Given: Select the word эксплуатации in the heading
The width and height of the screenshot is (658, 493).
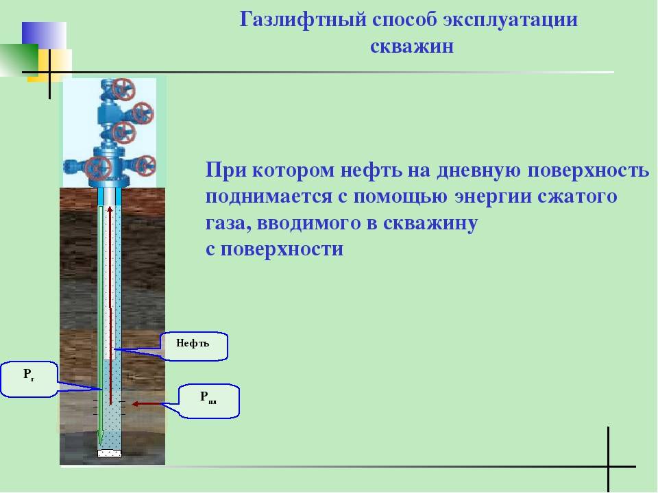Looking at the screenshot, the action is [x=510, y=20].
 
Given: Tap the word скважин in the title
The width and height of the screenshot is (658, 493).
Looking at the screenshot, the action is [x=412, y=46].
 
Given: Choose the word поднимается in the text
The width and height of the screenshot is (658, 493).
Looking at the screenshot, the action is [x=269, y=197].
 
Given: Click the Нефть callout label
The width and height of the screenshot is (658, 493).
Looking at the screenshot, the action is [x=194, y=346].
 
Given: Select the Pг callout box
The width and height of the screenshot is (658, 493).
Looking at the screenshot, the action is [x=29, y=379].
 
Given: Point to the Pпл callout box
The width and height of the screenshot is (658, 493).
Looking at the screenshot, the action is [x=209, y=401].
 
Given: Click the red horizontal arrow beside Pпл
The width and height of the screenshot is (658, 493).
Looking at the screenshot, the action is [x=147, y=404].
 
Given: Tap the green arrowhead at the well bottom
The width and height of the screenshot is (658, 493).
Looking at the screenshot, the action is [x=100, y=438].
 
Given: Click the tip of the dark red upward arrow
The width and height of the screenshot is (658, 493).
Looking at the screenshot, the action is [x=110, y=206].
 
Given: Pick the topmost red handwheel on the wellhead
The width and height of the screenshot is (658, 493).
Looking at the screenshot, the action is [x=124, y=89].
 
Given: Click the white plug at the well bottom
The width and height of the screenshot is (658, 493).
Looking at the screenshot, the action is [x=110, y=453].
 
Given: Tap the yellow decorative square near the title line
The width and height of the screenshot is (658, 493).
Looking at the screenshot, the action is [x=56, y=65].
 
